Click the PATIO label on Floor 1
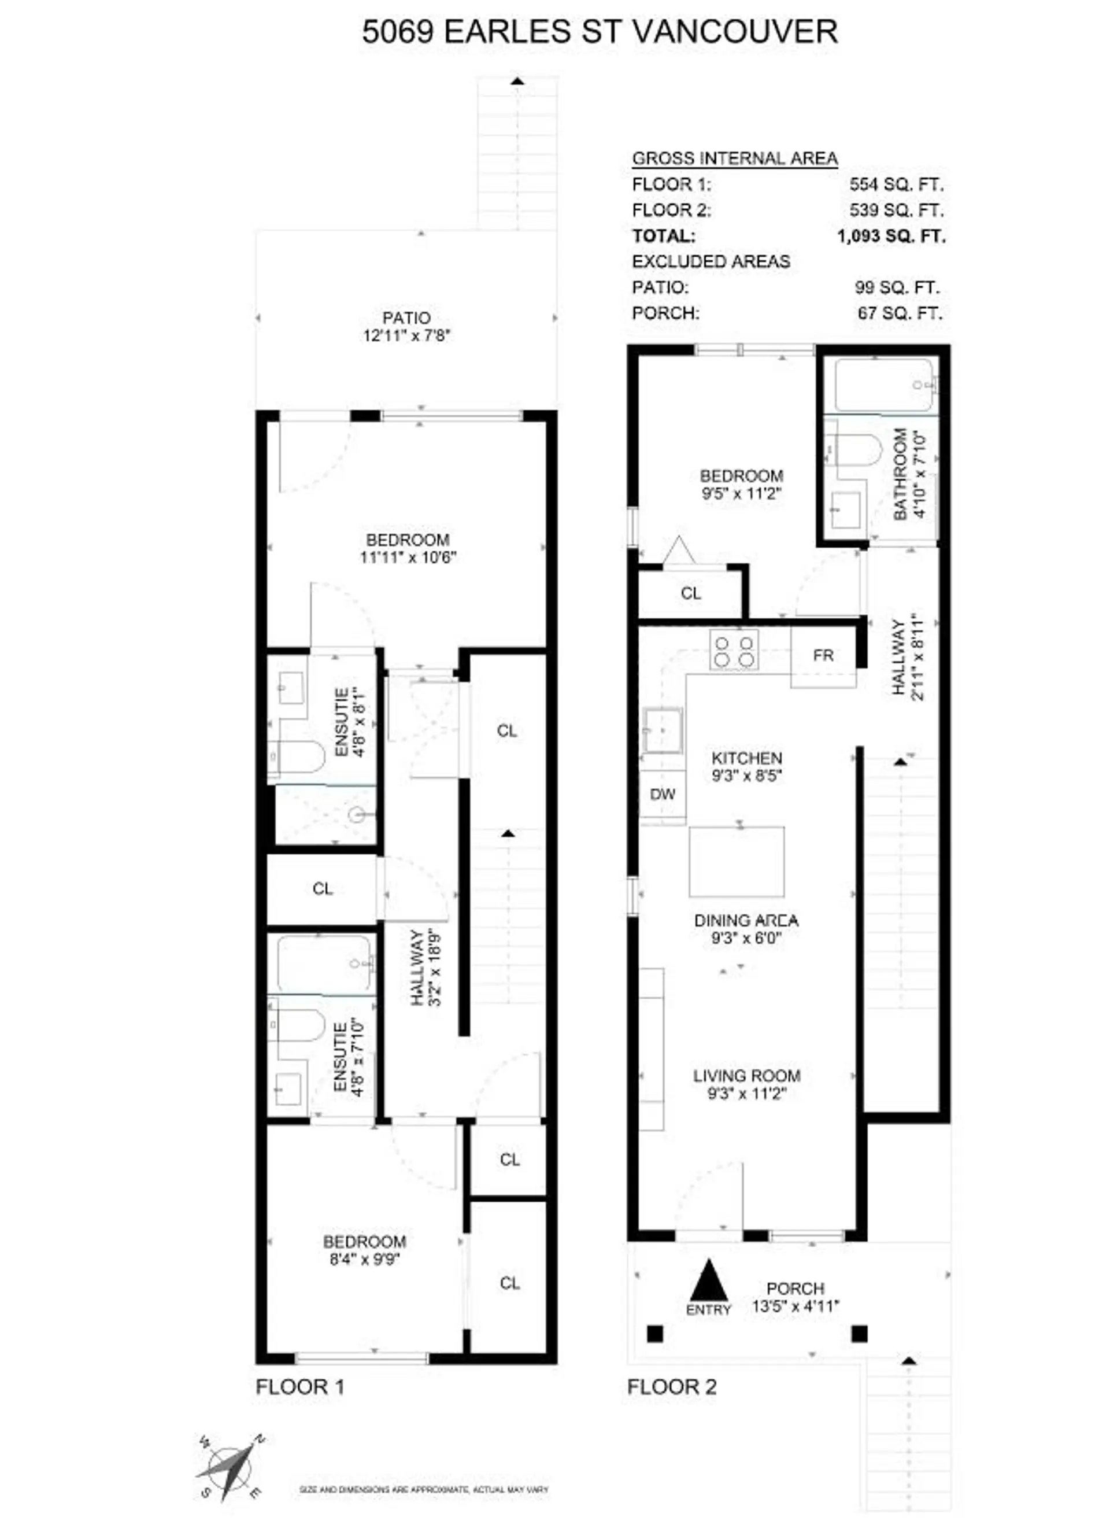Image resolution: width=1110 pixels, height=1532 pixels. [x=406, y=318]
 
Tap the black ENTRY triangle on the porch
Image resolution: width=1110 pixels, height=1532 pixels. [x=708, y=1282]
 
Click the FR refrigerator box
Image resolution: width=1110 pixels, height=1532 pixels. [x=823, y=656]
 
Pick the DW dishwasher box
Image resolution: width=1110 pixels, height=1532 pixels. [x=663, y=795]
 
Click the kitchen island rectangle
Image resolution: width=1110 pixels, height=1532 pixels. [x=737, y=861]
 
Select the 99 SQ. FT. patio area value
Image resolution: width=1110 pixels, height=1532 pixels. [x=897, y=288]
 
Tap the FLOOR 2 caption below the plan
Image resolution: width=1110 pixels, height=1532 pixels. [x=671, y=1387]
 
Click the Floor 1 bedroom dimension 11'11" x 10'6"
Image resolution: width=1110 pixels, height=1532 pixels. [x=408, y=558]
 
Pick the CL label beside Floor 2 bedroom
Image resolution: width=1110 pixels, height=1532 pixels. [x=691, y=593]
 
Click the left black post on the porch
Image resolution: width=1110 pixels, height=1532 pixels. [x=655, y=1334]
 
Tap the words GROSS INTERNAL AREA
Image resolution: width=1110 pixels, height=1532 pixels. [x=735, y=158]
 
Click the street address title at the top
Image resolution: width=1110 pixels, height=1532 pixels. [x=600, y=32]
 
